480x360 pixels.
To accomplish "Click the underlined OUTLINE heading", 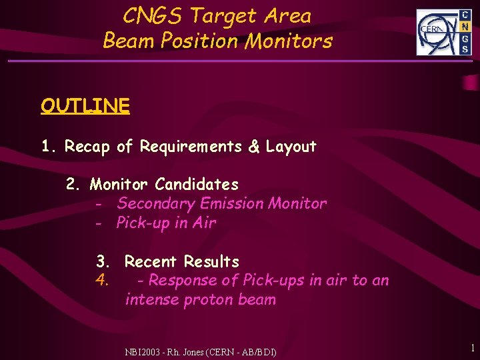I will [85, 106].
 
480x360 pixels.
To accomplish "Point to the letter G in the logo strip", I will [465, 38].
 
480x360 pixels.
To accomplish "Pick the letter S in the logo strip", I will [465, 49].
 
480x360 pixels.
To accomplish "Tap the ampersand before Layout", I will [254, 147].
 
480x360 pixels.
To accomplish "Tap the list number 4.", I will [102, 280].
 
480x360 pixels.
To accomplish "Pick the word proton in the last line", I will [207, 300].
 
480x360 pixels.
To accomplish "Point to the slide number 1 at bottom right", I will [471, 347].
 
